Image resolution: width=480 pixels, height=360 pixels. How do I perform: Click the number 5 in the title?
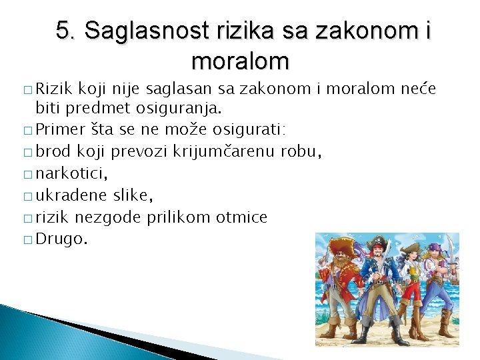63,31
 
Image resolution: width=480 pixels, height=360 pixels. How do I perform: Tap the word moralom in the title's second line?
240,61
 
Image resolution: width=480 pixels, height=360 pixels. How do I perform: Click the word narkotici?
71,173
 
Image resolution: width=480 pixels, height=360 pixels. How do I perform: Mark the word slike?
133,195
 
